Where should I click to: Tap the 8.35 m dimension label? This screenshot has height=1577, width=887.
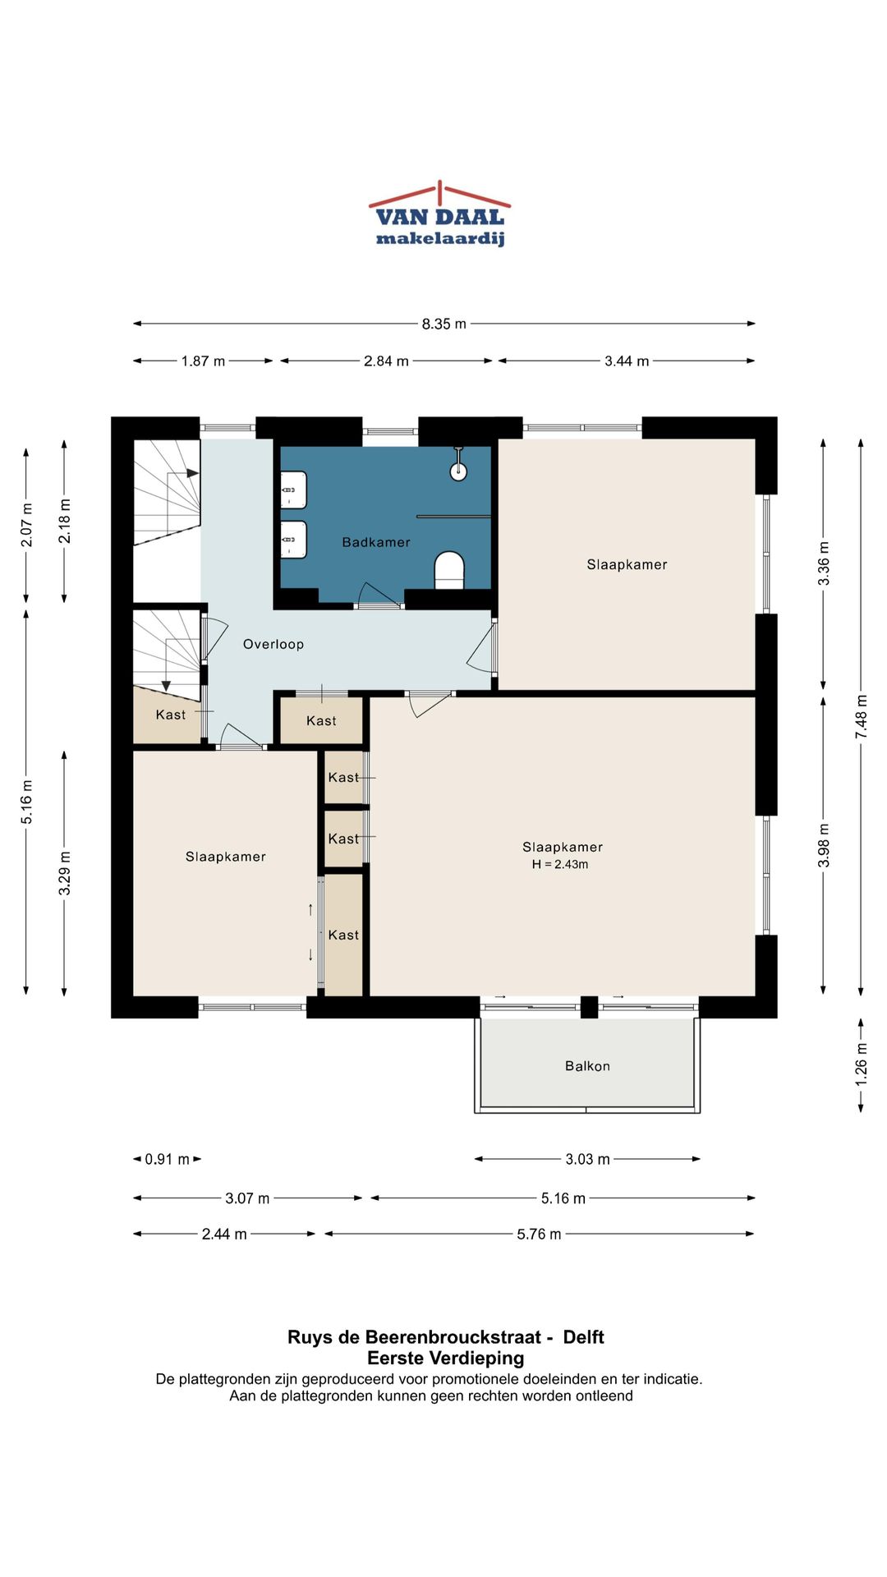(x=444, y=324)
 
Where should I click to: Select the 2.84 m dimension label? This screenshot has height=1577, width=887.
(x=386, y=361)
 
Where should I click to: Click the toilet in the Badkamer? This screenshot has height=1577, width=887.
(x=449, y=569)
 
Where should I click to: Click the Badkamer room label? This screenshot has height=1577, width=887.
(x=376, y=542)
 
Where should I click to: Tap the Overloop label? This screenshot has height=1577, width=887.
(x=273, y=644)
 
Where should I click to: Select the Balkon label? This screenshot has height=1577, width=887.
(x=587, y=1066)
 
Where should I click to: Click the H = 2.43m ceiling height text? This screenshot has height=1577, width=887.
(x=560, y=864)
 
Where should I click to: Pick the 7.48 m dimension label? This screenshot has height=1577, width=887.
(x=861, y=717)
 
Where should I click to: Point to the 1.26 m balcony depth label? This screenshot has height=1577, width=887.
(x=861, y=1064)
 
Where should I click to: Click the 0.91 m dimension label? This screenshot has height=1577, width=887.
(x=167, y=1159)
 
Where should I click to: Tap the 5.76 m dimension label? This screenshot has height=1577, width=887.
(x=539, y=1234)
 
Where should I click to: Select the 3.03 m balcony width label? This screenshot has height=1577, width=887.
(x=587, y=1159)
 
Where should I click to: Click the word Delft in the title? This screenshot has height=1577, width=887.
(x=583, y=1337)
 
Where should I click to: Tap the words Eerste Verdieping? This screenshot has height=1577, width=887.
(x=445, y=1359)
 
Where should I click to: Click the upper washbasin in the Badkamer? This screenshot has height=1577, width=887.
(x=293, y=490)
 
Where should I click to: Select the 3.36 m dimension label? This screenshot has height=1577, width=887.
(x=823, y=563)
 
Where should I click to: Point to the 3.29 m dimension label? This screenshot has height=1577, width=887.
(x=64, y=873)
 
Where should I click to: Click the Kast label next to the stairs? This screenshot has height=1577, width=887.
(x=171, y=715)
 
